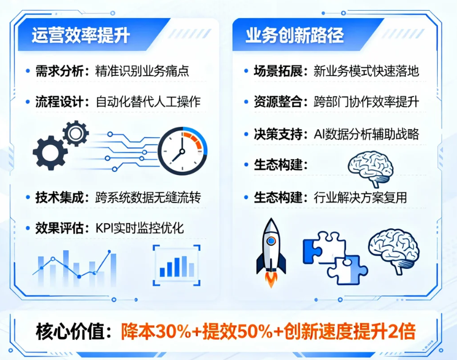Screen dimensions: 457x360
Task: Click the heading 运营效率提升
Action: [81, 35]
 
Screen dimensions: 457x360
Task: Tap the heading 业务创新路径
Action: [295, 35]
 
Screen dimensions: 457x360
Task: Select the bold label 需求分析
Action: [59, 71]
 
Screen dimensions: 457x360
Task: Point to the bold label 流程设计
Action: [59, 102]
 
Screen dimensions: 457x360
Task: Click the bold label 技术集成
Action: [59, 197]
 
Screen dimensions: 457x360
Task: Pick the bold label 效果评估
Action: [59, 228]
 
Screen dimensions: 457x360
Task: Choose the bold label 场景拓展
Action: [278, 71]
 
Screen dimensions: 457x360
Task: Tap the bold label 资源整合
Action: [278, 102]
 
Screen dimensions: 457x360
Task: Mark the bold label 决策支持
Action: [278, 134]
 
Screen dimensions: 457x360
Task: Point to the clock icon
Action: [182, 151]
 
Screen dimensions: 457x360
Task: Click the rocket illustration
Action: [271, 248]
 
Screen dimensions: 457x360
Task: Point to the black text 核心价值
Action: [70, 332]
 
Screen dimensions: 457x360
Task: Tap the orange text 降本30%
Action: [155, 332]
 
